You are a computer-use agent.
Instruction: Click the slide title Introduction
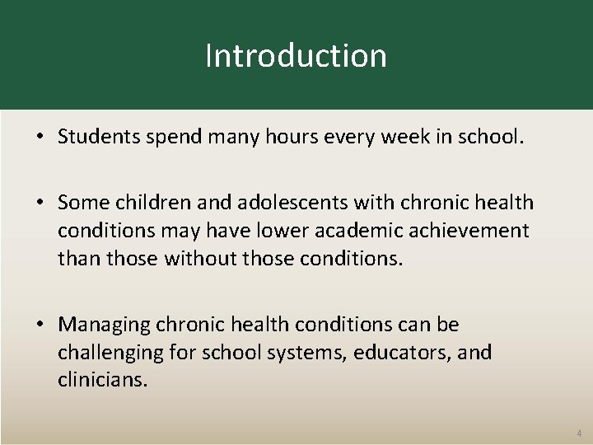tap(296, 56)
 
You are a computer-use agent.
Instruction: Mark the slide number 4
tap(578, 433)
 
